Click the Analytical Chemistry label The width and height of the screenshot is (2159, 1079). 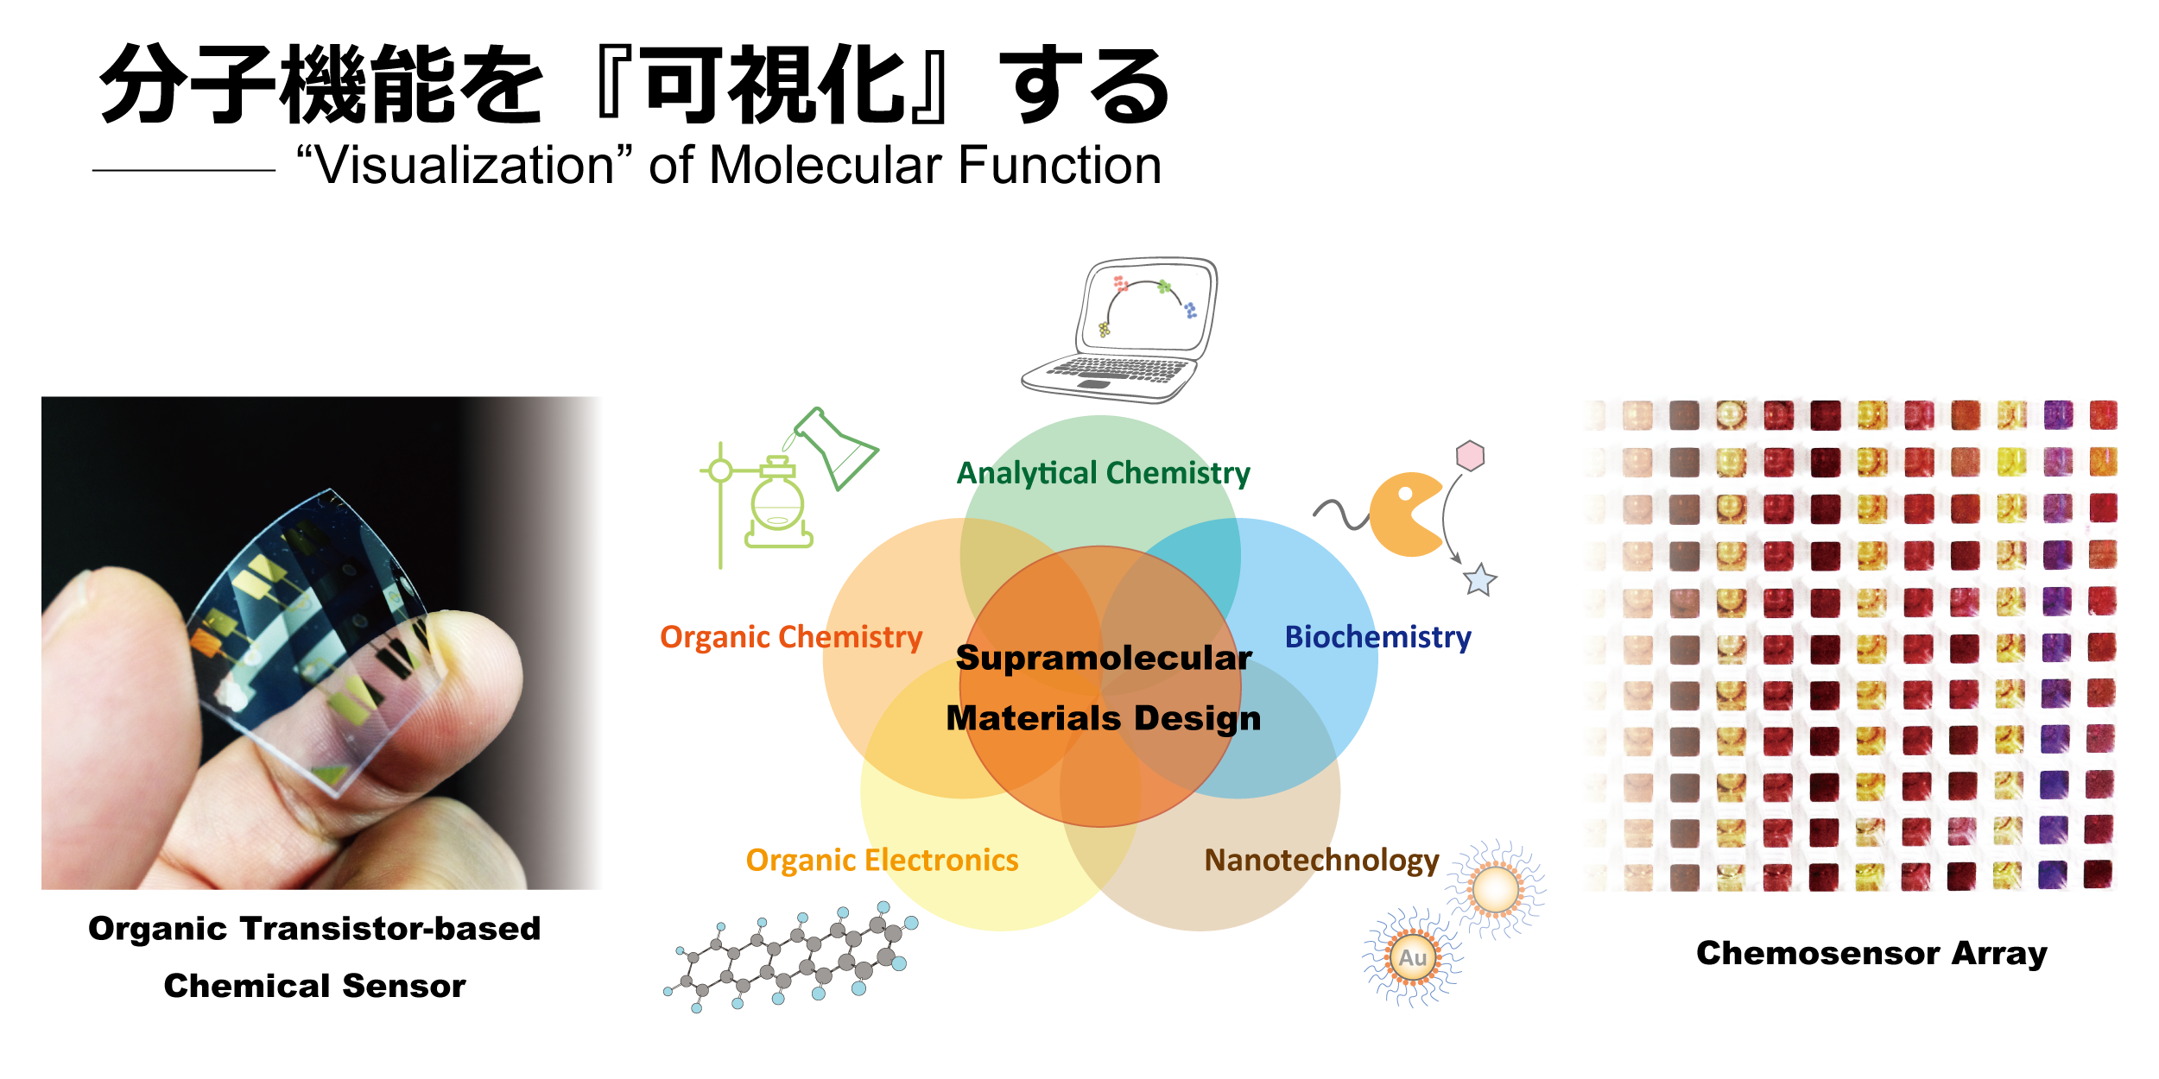tap(1103, 473)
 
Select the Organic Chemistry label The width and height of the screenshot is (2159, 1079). tap(791, 637)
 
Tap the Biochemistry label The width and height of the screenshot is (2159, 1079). tap(1377, 637)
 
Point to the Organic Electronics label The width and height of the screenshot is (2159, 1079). tap(882, 860)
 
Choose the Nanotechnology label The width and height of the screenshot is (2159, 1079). tap(1321, 860)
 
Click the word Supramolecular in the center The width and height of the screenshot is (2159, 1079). tap(1104, 658)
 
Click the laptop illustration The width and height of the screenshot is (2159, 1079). tap(1120, 330)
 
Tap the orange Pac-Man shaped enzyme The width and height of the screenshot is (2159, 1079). tap(1406, 514)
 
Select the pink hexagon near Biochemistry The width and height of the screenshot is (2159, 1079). tap(1470, 456)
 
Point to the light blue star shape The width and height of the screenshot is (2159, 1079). tap(1480, 579)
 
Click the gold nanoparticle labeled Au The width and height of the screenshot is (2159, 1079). tap(1413, 957)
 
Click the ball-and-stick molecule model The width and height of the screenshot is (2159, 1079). tap(791, 956)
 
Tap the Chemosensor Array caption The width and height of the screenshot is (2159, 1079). tap(1871, 954)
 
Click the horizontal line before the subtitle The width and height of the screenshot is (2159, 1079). tap(184, 171)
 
